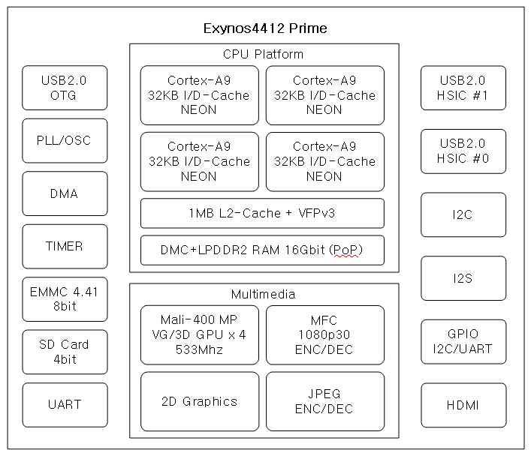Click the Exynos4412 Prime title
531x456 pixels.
(x=265, y=28)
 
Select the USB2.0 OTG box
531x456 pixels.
(x=65, y=88)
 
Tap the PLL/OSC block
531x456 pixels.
(x=65, y=140)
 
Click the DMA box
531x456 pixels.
(x=65, y=193)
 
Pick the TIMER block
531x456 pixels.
(x=65, y=246)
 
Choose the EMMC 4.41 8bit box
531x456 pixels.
(x=65, y=299)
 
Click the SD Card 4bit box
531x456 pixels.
(x=65, y=352)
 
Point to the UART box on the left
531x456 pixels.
(x=65, y=404)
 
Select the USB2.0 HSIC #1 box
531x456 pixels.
(x=463, y=88)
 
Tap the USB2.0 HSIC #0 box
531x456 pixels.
(x=463, y=151)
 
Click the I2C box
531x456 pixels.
(x=463, y=214)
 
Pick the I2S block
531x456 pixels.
(x=463, y=278)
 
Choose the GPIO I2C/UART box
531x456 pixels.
(x=463, y=341)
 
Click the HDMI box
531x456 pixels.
(x=463, y=405)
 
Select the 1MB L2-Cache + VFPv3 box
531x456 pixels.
(x=262, y=213)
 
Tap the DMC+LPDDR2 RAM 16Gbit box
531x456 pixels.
(x=262, y=250)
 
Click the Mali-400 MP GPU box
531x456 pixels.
(x=199, y=334)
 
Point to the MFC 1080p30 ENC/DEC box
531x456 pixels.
(x=324, y=334)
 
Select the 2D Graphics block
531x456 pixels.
(x=199, y=401)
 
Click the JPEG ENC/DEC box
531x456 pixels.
(x=324, y=401)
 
